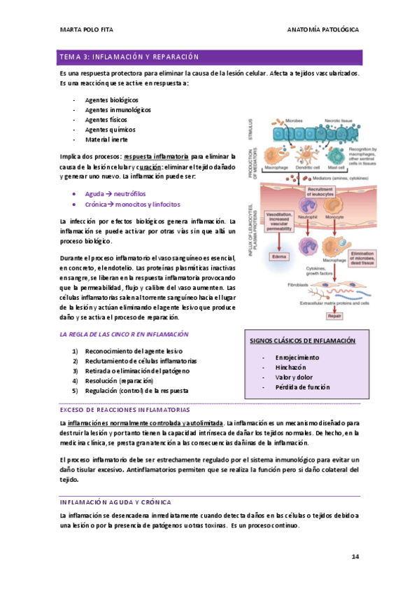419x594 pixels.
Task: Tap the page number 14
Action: coord(355,556)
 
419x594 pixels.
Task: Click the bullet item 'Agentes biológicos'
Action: coord(111,100)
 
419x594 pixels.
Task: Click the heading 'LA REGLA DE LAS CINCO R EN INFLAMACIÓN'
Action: coord(125,335)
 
